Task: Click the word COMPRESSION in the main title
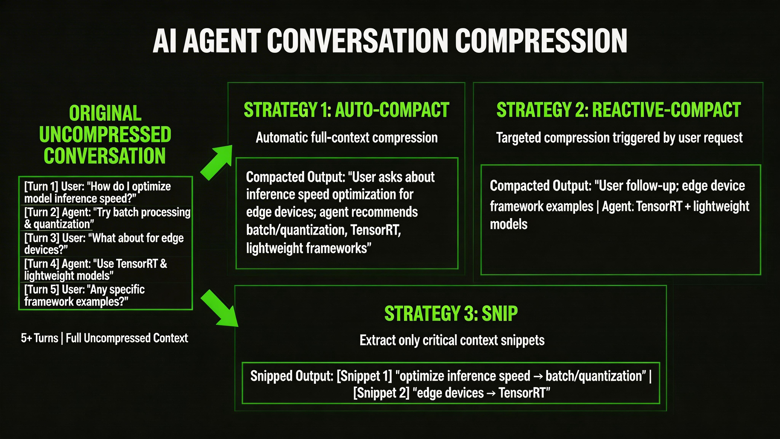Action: pyautogui.click(x=541, y=41)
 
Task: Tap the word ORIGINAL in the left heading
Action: pyautogui.click(x=105, y=113)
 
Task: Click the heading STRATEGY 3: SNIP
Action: pyautogui.click(x=451, y=314)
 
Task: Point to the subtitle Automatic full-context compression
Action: pyautogui.click(x=346, y=138)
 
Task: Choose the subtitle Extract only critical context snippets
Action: pyautogui.click(x=452, y=340)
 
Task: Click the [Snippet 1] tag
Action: pyautogui.click(x=364, y=376)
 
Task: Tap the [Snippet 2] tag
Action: pyautogui.click(x=381, y=393)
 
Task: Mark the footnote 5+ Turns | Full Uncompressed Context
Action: pyautogui.click(x=105, y=338)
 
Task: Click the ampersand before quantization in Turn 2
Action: pyautogui.click(x=28, y=224)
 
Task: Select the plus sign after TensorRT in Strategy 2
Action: pyautogui.click(x=687, y=207)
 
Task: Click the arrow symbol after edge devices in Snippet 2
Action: pyautogui.click(x=491, y=393)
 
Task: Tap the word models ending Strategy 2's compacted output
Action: pyautogui.click(x=509, y=224)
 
